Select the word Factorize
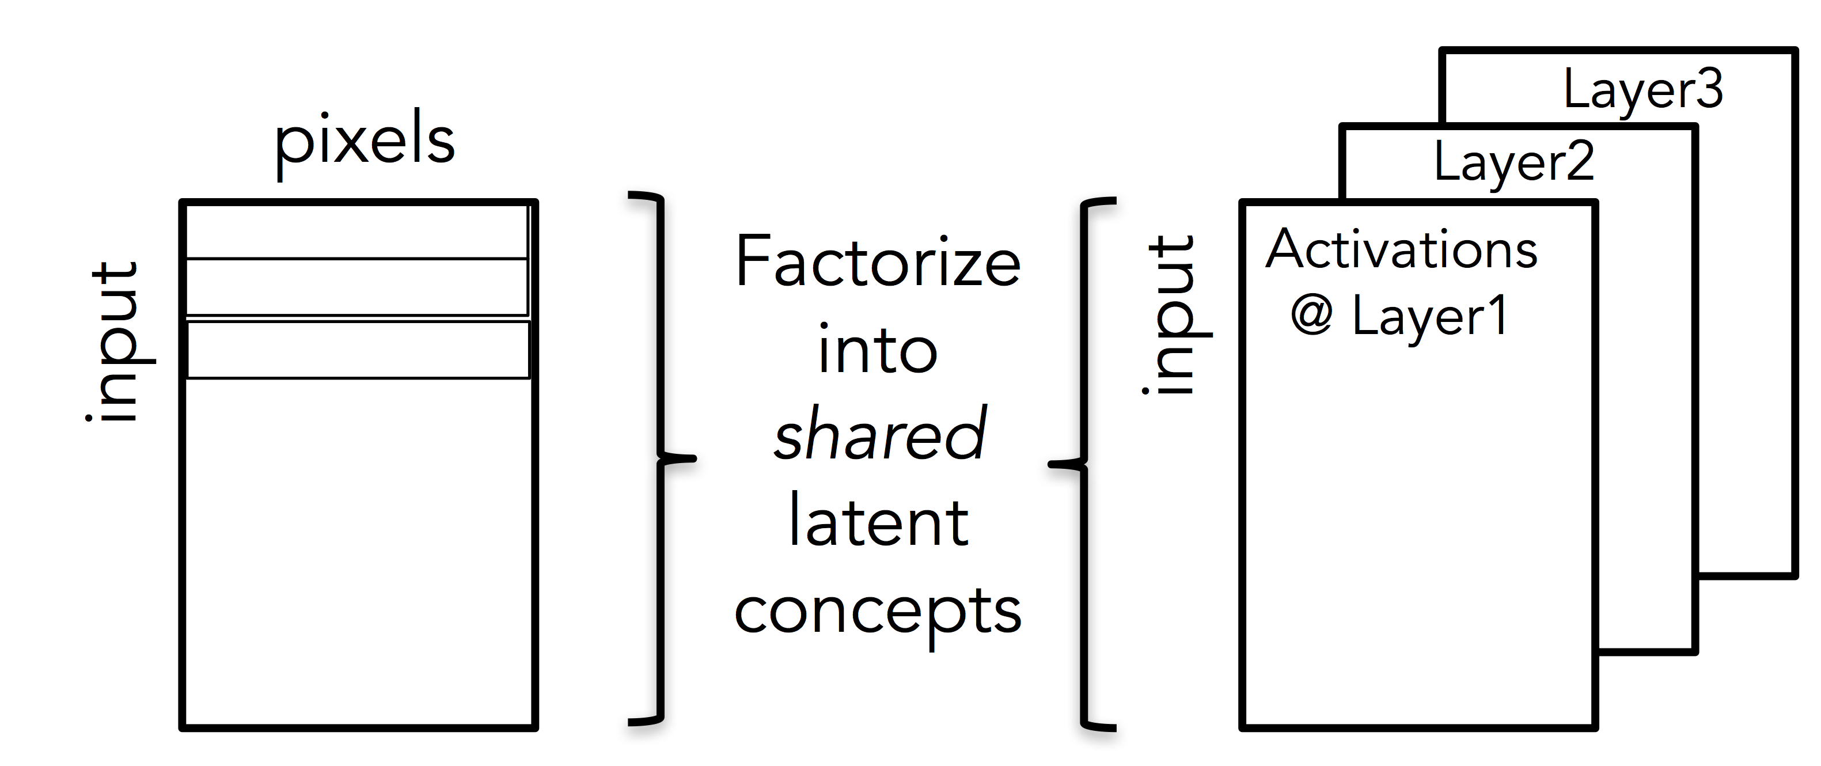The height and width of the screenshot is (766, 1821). click(x=877, y=263)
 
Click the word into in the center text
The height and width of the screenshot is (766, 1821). click(x=877, y=350)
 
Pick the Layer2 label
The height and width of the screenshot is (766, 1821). click(x=1513, y=162)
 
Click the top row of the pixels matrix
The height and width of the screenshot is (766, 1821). click(x=357, y=232)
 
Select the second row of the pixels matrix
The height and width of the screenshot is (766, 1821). click(x=357, y=287)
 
